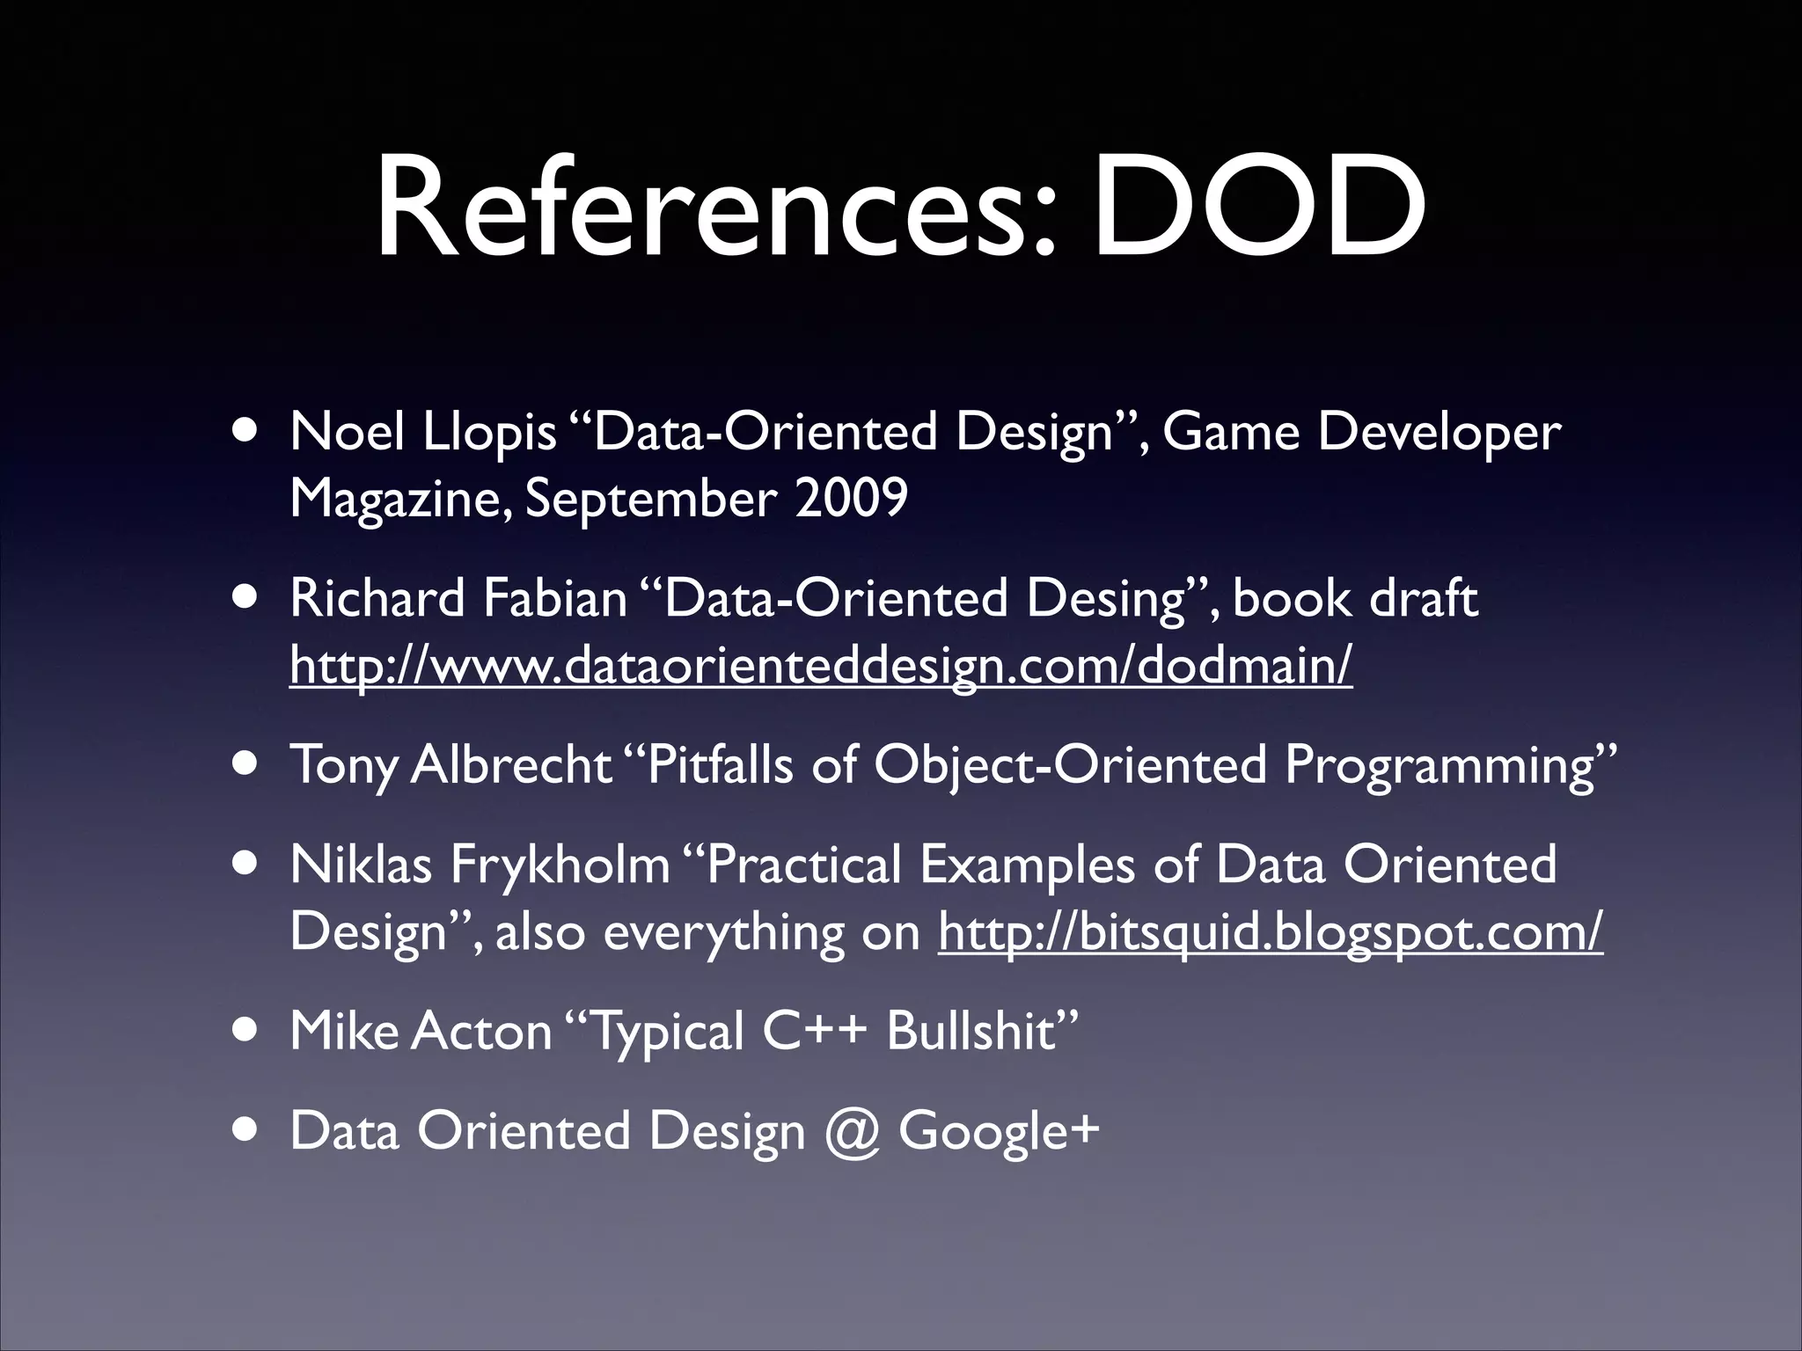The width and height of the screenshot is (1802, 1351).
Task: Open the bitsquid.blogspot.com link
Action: (1270, 931)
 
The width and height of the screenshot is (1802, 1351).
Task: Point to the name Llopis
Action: (488, 433)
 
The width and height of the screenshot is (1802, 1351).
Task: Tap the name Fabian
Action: (554, 599)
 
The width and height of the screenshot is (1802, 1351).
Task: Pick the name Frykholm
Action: (560, 865)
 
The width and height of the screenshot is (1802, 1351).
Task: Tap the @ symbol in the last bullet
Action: (852, 1131)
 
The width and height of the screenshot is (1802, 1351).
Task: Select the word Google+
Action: (999, 1131)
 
